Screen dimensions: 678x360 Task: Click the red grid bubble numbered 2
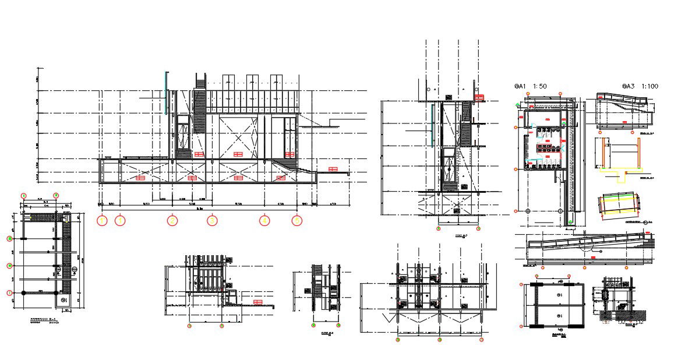click(172, 221)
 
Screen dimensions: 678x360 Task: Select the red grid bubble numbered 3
click(213, 221)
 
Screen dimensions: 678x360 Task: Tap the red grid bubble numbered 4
click(264, 221)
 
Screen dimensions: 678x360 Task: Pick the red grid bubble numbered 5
click(297, 221)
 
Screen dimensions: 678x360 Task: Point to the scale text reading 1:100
click(648, 86)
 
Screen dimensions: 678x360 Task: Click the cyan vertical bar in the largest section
click(167, 93)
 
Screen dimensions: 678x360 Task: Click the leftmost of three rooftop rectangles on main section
click(227, 82)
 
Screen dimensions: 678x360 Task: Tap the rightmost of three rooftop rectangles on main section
click(277, 82)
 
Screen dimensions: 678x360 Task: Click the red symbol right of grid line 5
click(333, 169)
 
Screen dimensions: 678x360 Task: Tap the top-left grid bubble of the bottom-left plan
click(24, 195)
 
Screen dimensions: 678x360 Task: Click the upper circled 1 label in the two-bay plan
click(559, 295)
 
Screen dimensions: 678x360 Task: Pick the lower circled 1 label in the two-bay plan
click(559, 315)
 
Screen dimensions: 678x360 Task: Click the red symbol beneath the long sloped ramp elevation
click(592, 257)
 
